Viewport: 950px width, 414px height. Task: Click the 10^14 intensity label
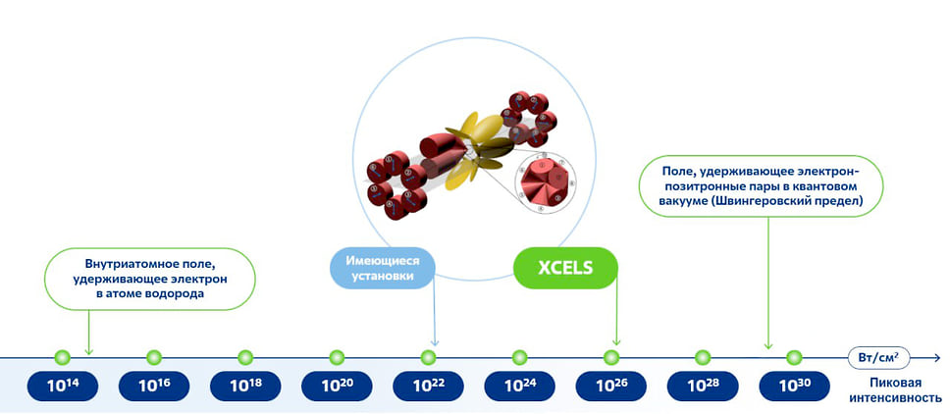[63, 387]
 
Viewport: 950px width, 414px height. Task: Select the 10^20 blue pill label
[337, 387]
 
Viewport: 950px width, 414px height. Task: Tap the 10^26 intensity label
[610, 387]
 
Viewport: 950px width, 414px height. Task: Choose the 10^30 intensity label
[794, 387]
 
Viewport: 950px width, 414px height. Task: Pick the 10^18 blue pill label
[245, 387]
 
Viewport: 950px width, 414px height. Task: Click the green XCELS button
[565, 268]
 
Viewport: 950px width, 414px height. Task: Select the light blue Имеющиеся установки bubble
[383, 268]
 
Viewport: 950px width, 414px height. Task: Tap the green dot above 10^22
[428, 358]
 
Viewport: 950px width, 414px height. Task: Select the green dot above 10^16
[154, 358]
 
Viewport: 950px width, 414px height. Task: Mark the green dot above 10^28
[703, 358]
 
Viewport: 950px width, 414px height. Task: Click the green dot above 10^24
[519, 358]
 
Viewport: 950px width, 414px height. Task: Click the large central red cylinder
[442, 148]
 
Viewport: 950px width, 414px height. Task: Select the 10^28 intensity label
[703, 387]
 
